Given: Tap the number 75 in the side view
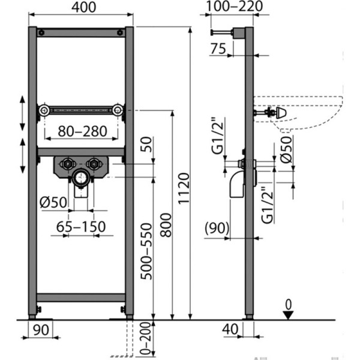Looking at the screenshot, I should (220, 50).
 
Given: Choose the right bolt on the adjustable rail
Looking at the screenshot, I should (119, 110).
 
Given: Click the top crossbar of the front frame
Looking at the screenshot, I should (81, 32).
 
